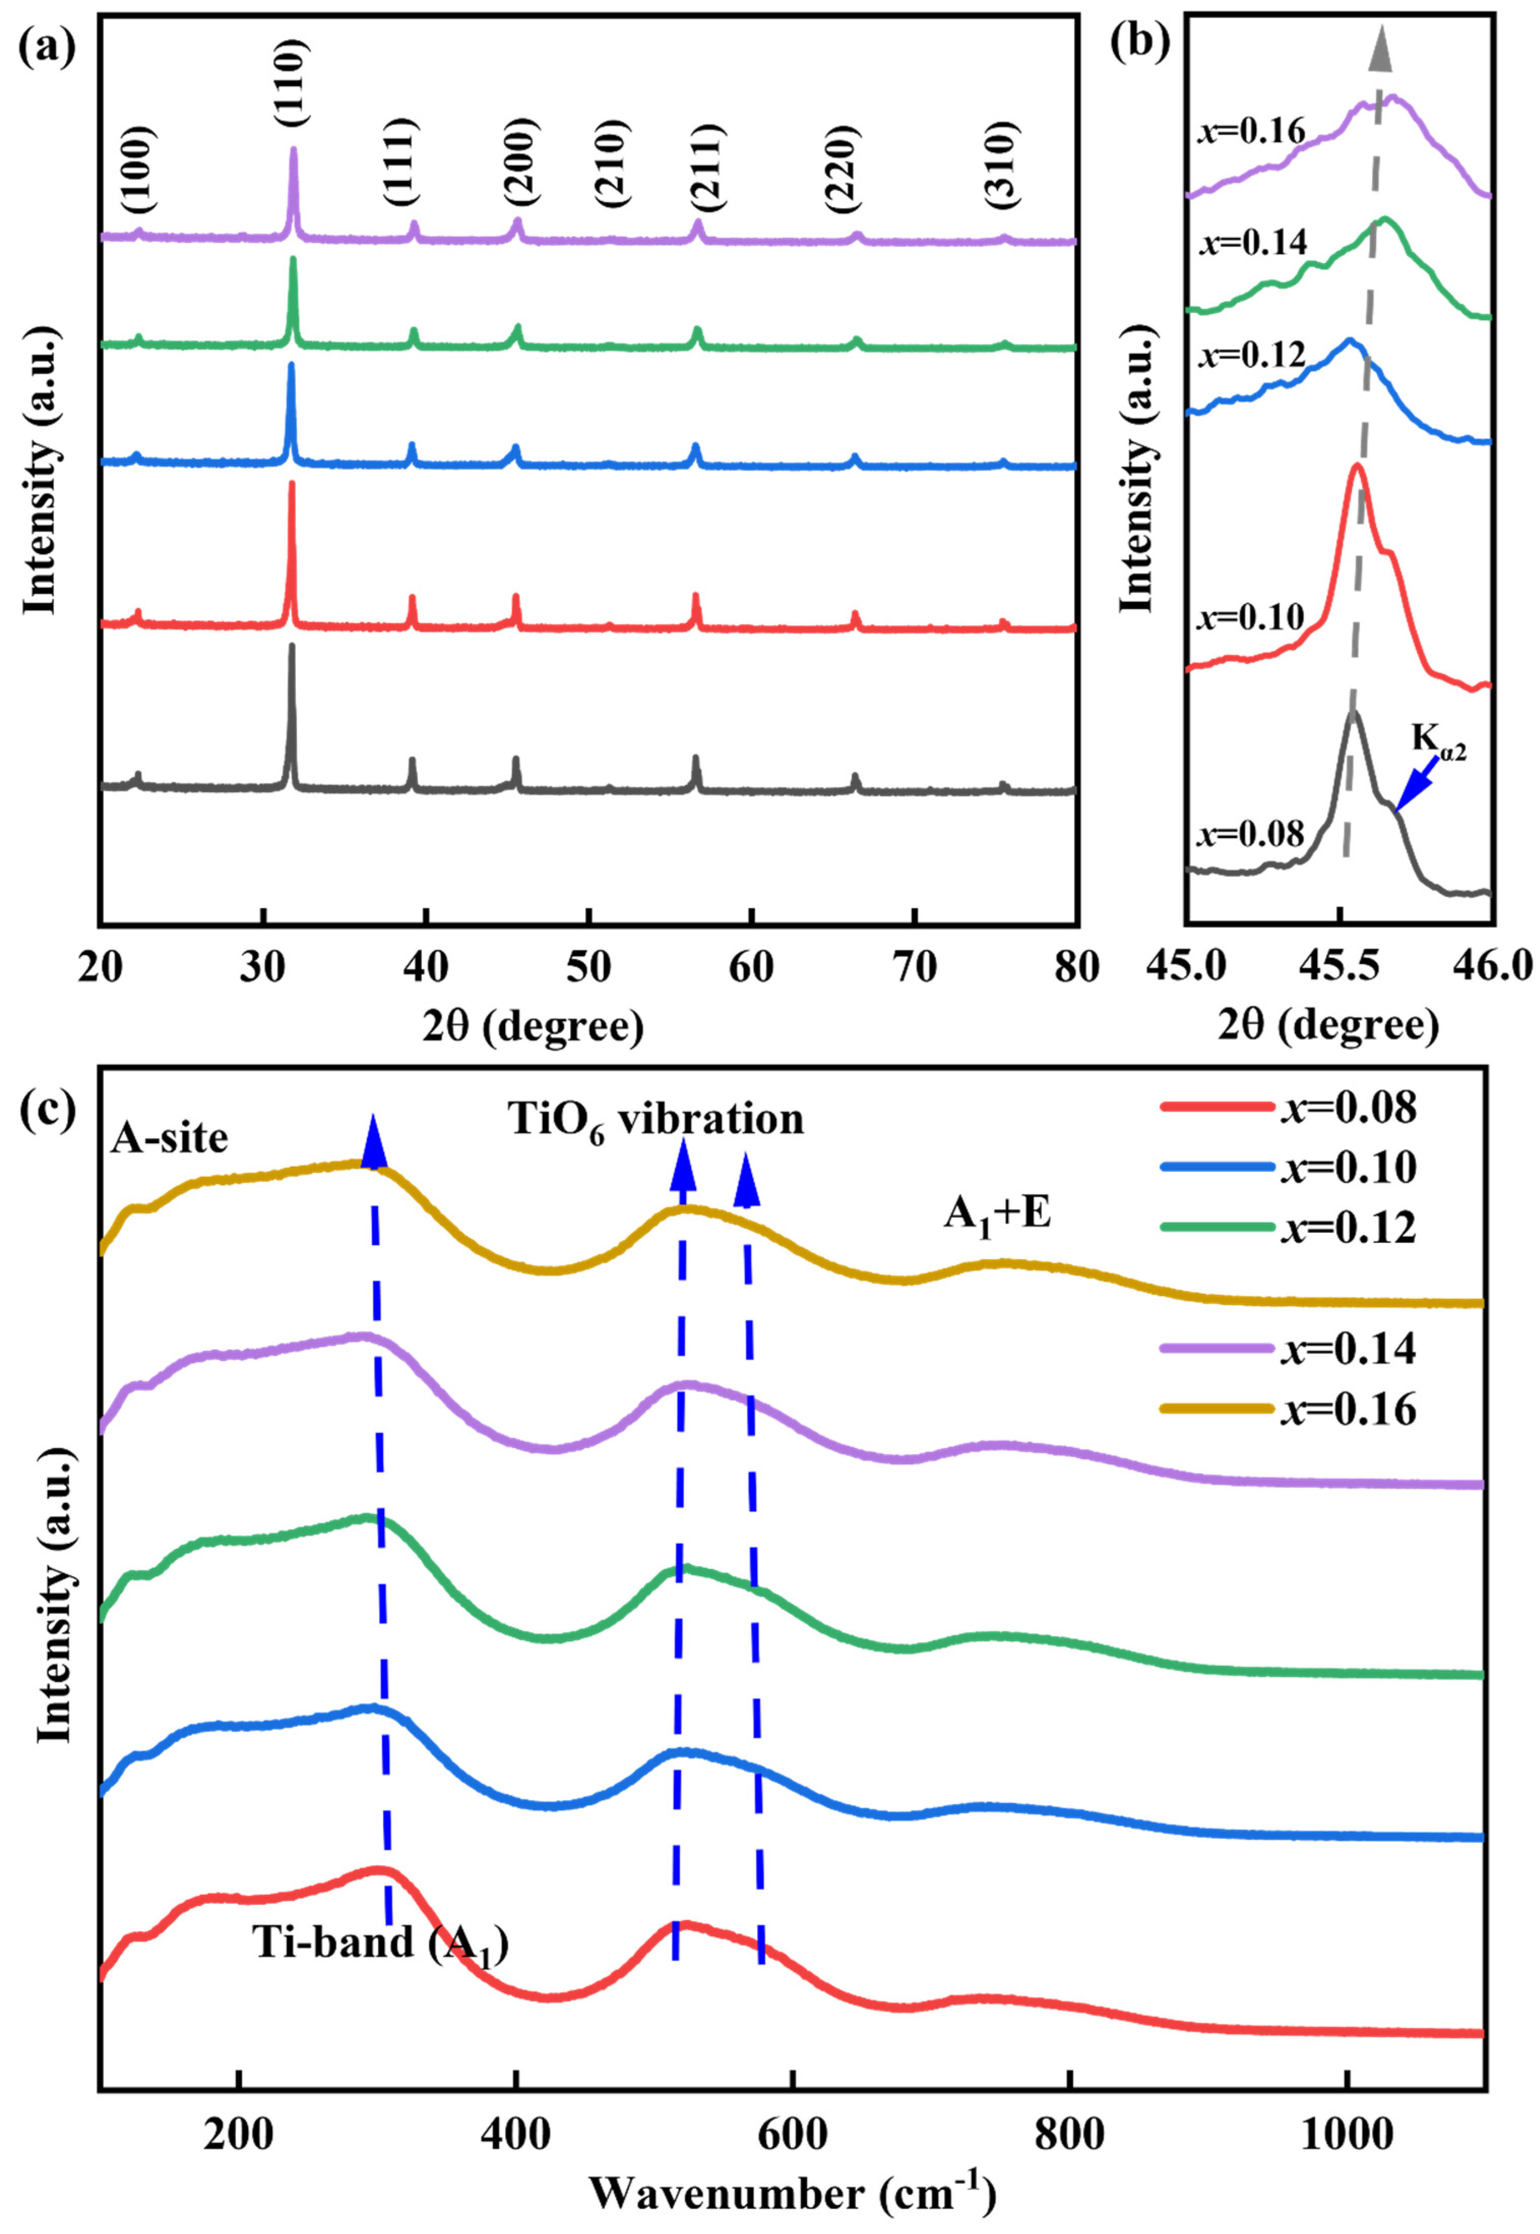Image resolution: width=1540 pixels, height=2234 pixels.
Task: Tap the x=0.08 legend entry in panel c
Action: tap(1288, 1107)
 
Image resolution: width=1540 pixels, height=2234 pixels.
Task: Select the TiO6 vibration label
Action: tap(656, 1121)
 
